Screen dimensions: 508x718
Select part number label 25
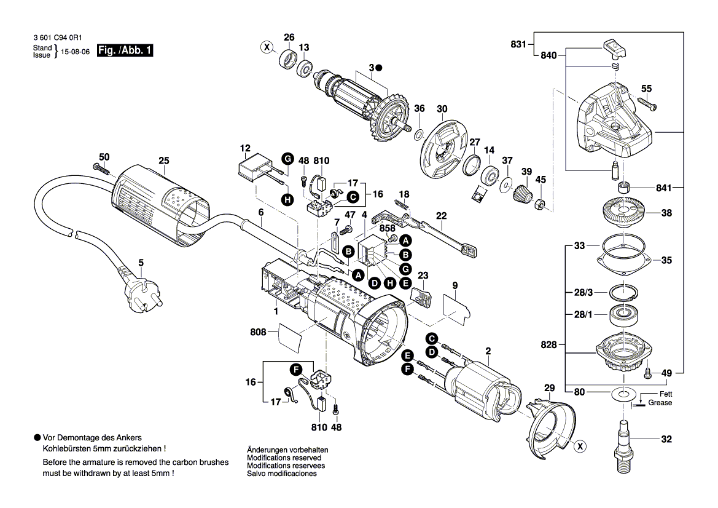click(x=163, y=161)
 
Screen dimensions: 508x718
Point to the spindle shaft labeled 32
click(x=624, y=440)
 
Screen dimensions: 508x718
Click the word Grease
click(x=660, y=403)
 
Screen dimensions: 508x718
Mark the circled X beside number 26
click(x=267, y=46)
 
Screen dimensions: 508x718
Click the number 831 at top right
click(x=518, y=44)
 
